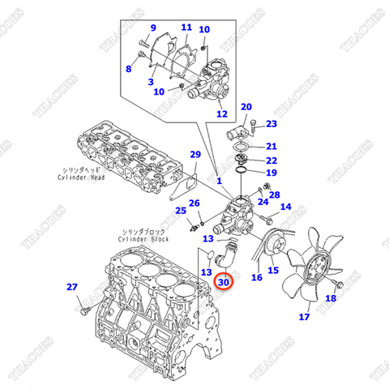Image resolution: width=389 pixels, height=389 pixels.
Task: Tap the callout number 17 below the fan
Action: point(304,318)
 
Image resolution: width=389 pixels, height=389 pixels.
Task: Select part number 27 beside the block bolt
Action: point(72,287)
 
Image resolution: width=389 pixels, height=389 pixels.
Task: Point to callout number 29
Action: point(194,155)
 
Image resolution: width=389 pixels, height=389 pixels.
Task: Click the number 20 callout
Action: point(246,107)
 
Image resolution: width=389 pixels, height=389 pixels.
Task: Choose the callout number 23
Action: point(271,124)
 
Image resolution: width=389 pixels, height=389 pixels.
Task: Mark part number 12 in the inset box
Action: point(222,113)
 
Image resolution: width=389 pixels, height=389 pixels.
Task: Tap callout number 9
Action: point(127,70)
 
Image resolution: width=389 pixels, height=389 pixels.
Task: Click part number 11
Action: point(186,27)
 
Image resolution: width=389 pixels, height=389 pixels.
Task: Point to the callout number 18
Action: point(330,299)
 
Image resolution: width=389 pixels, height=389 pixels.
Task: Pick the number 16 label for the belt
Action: point(256,278)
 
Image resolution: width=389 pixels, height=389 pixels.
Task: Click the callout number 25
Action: point(180,211)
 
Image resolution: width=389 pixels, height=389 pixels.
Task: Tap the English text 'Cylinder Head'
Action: point(80,177)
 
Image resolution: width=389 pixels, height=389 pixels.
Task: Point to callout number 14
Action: point(285,208)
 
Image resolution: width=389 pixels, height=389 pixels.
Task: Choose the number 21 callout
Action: point(271,146)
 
